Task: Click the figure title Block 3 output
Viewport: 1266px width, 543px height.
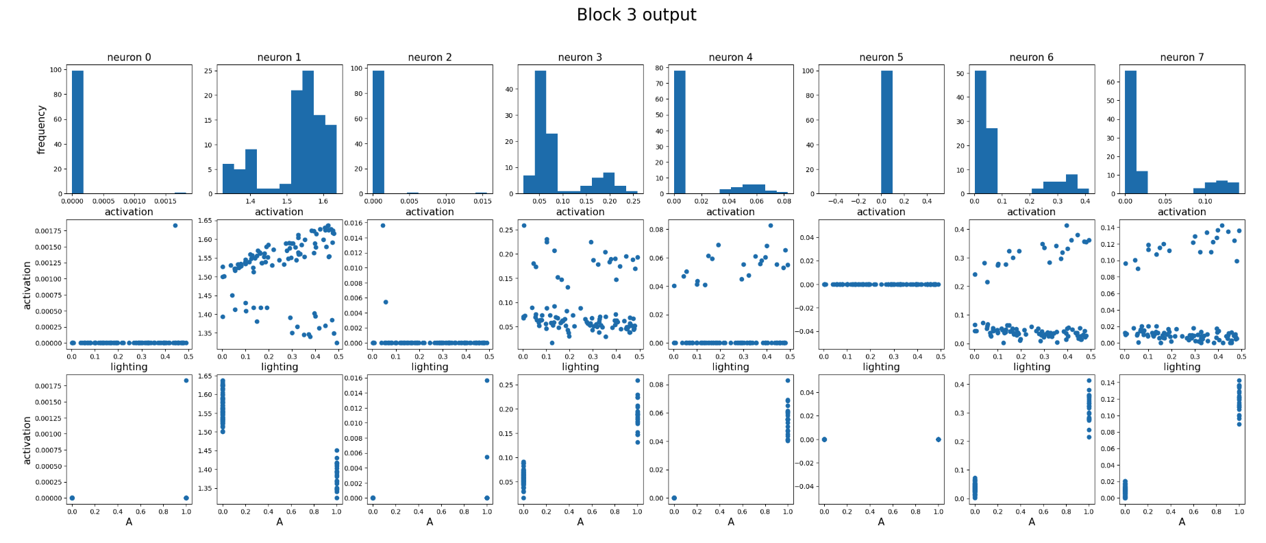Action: click(636, 15)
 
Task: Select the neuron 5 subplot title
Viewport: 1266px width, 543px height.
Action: click(881, 58)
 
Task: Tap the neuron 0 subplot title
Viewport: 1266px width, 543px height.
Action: click(129, 58)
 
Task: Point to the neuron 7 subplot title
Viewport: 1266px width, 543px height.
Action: click(1182, 58)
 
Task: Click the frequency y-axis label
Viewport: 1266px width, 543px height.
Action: click(41, 130)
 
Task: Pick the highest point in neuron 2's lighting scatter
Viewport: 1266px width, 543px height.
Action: click(382, 226)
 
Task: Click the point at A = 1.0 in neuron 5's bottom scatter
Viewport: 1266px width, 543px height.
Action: click(938, 439)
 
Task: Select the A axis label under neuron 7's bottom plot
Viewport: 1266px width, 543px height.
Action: click(1182, 522)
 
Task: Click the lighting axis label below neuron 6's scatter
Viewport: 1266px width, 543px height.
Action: click(1031, 367)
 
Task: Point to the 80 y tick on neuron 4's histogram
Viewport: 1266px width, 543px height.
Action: click(659, 68)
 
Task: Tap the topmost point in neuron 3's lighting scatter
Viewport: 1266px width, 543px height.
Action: click(524, 226)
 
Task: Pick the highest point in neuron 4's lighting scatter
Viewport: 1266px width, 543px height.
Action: click(770, 226)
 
